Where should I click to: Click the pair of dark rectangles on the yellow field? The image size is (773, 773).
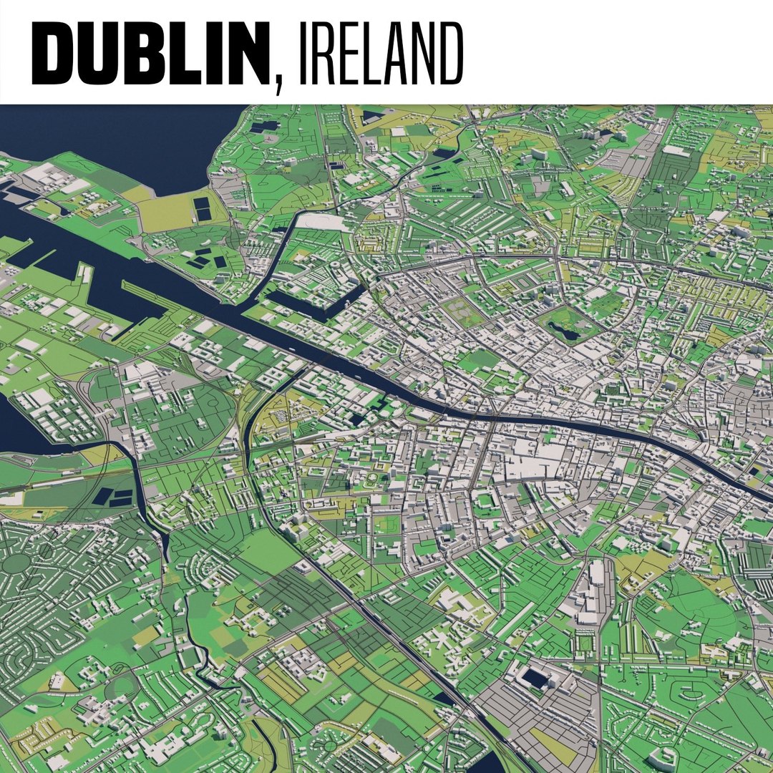pyautogui.click(x=203, y=209)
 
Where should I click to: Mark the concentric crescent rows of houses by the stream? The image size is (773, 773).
pyautogui.click(x=208, y=573)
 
